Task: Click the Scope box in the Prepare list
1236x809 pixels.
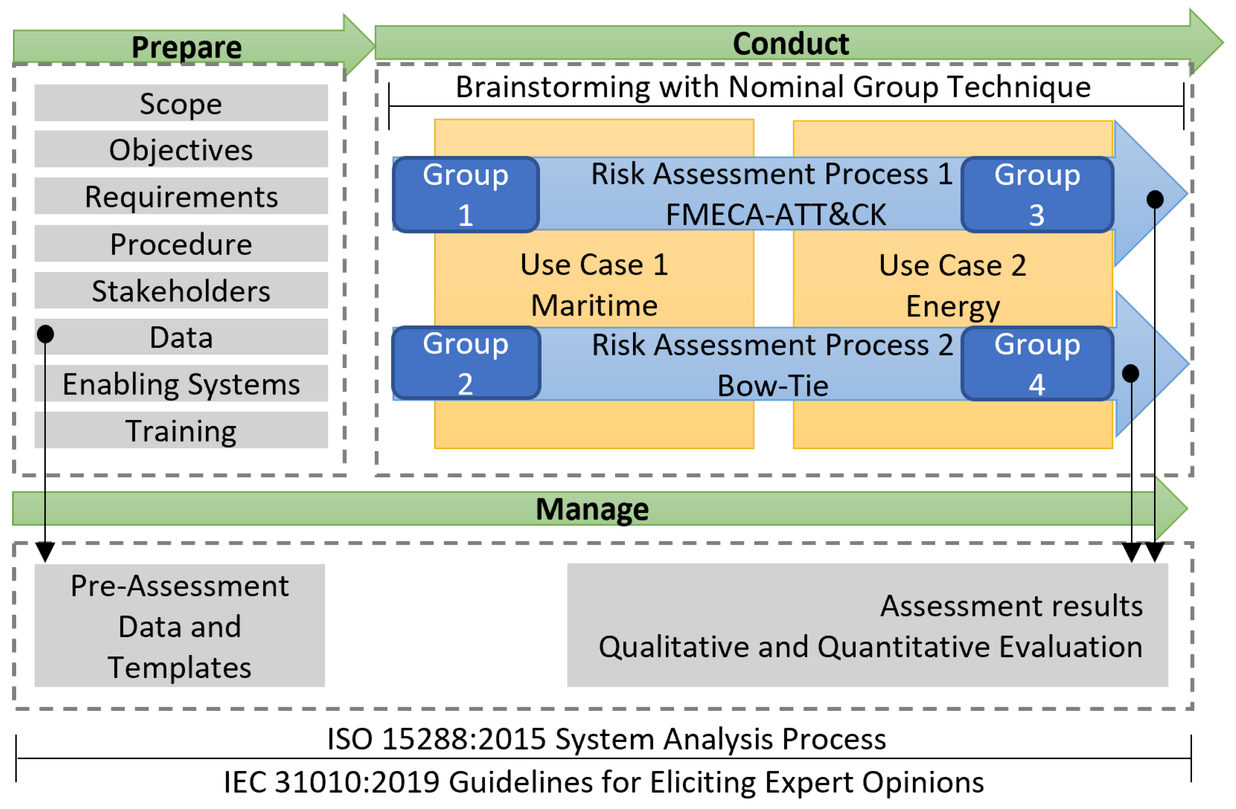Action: [x=181, y=103]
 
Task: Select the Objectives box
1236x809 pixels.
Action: [x=181, y=149]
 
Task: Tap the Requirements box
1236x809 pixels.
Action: [x=181, y=196]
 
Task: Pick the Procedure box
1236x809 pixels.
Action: [x=181, y=243]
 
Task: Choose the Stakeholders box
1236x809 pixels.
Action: [x=181, y=290]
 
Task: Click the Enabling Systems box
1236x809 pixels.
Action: [x=181, y=384]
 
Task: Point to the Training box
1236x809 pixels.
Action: [x=181, y=431]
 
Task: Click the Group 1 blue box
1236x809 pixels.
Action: [x=466, y=194]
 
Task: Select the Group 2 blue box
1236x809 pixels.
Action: [x=466, y=363]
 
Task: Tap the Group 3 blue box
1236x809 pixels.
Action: [x=1037, y=194]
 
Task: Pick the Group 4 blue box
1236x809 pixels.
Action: [x=1037, y=364]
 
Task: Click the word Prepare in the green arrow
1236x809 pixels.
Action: [x=186, y=47]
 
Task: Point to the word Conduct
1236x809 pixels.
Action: [x=790, y=43]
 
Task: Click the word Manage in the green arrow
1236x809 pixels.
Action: [x=592, y=509]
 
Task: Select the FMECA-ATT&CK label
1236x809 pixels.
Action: [x=776, y=215]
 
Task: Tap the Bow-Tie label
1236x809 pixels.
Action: [x=772, y=386]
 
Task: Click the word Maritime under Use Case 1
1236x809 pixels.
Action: [x=594, y=305]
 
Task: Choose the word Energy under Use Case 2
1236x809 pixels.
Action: [x=952, y=306]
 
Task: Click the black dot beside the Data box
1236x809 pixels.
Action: [x=45, y=334]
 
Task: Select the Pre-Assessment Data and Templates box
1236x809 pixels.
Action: [x=180, y=626]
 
